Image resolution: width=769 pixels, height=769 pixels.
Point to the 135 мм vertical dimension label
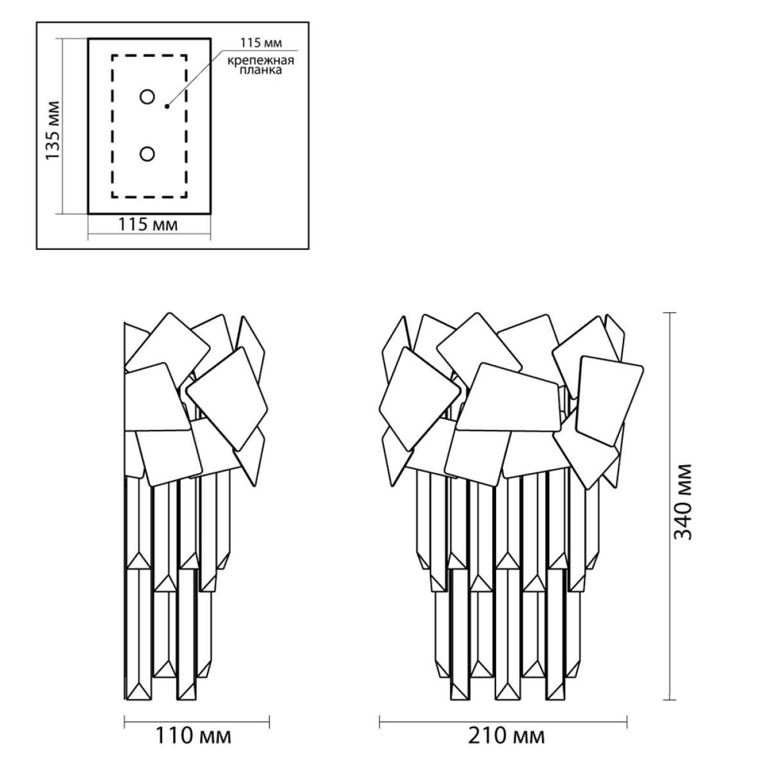tap(53, 131)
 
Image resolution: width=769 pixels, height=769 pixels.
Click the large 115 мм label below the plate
tap(147, 225)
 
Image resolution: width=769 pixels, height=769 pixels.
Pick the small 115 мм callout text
tap(261, 43)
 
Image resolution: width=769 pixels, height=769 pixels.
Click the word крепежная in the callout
tap(261, 61)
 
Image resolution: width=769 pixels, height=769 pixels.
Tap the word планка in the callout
tap(260, 70)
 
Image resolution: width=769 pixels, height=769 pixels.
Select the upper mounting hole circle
tap(147, 97)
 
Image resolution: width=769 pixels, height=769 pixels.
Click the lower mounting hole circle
tap(147, 154)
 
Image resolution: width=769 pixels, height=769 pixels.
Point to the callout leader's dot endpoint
tap(167, 106)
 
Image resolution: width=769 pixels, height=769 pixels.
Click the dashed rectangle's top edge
tap(149, 56)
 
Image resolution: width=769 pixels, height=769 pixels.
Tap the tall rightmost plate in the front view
tap(609, 401)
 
